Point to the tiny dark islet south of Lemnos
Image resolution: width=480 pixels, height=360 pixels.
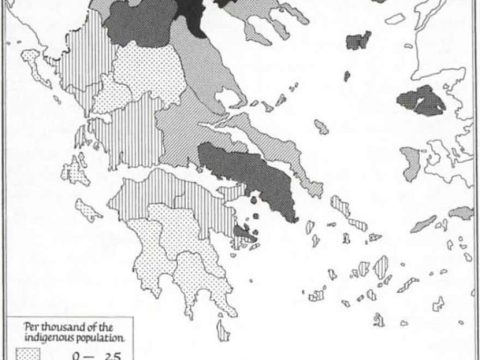[346, 76]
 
